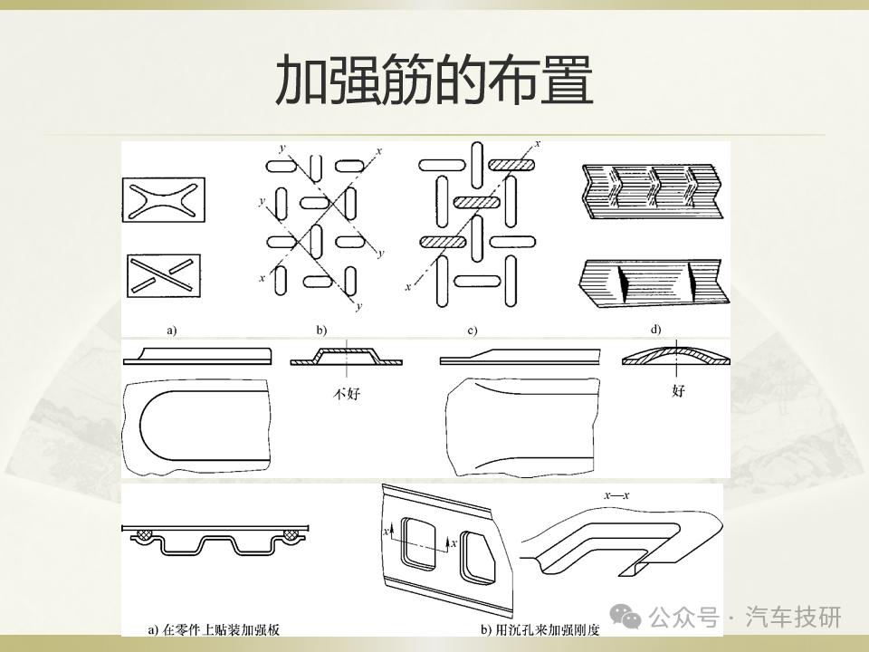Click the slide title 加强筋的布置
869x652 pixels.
[x=434, y=80]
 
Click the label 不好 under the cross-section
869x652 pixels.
[x=347, y=394]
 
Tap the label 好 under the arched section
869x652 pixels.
[x=678, y=391]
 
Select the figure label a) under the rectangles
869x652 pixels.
[x=172, y=331]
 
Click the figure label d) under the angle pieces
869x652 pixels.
[x=655, y=330]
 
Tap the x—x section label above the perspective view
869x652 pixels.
[x=616, y=495]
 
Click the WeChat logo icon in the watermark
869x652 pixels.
[x=625, y=617]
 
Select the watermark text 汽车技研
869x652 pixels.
[x=794, y=617]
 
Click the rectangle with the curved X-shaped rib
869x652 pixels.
[x=164, y=200]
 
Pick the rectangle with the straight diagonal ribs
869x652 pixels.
[x=164, y=275]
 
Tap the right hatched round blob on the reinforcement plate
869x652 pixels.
[x=291, y=534]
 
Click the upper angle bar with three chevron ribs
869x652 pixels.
[x=653, y=192]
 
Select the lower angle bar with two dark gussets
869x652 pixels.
[x=654, y=283]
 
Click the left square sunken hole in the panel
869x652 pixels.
[x=420, y=542]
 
